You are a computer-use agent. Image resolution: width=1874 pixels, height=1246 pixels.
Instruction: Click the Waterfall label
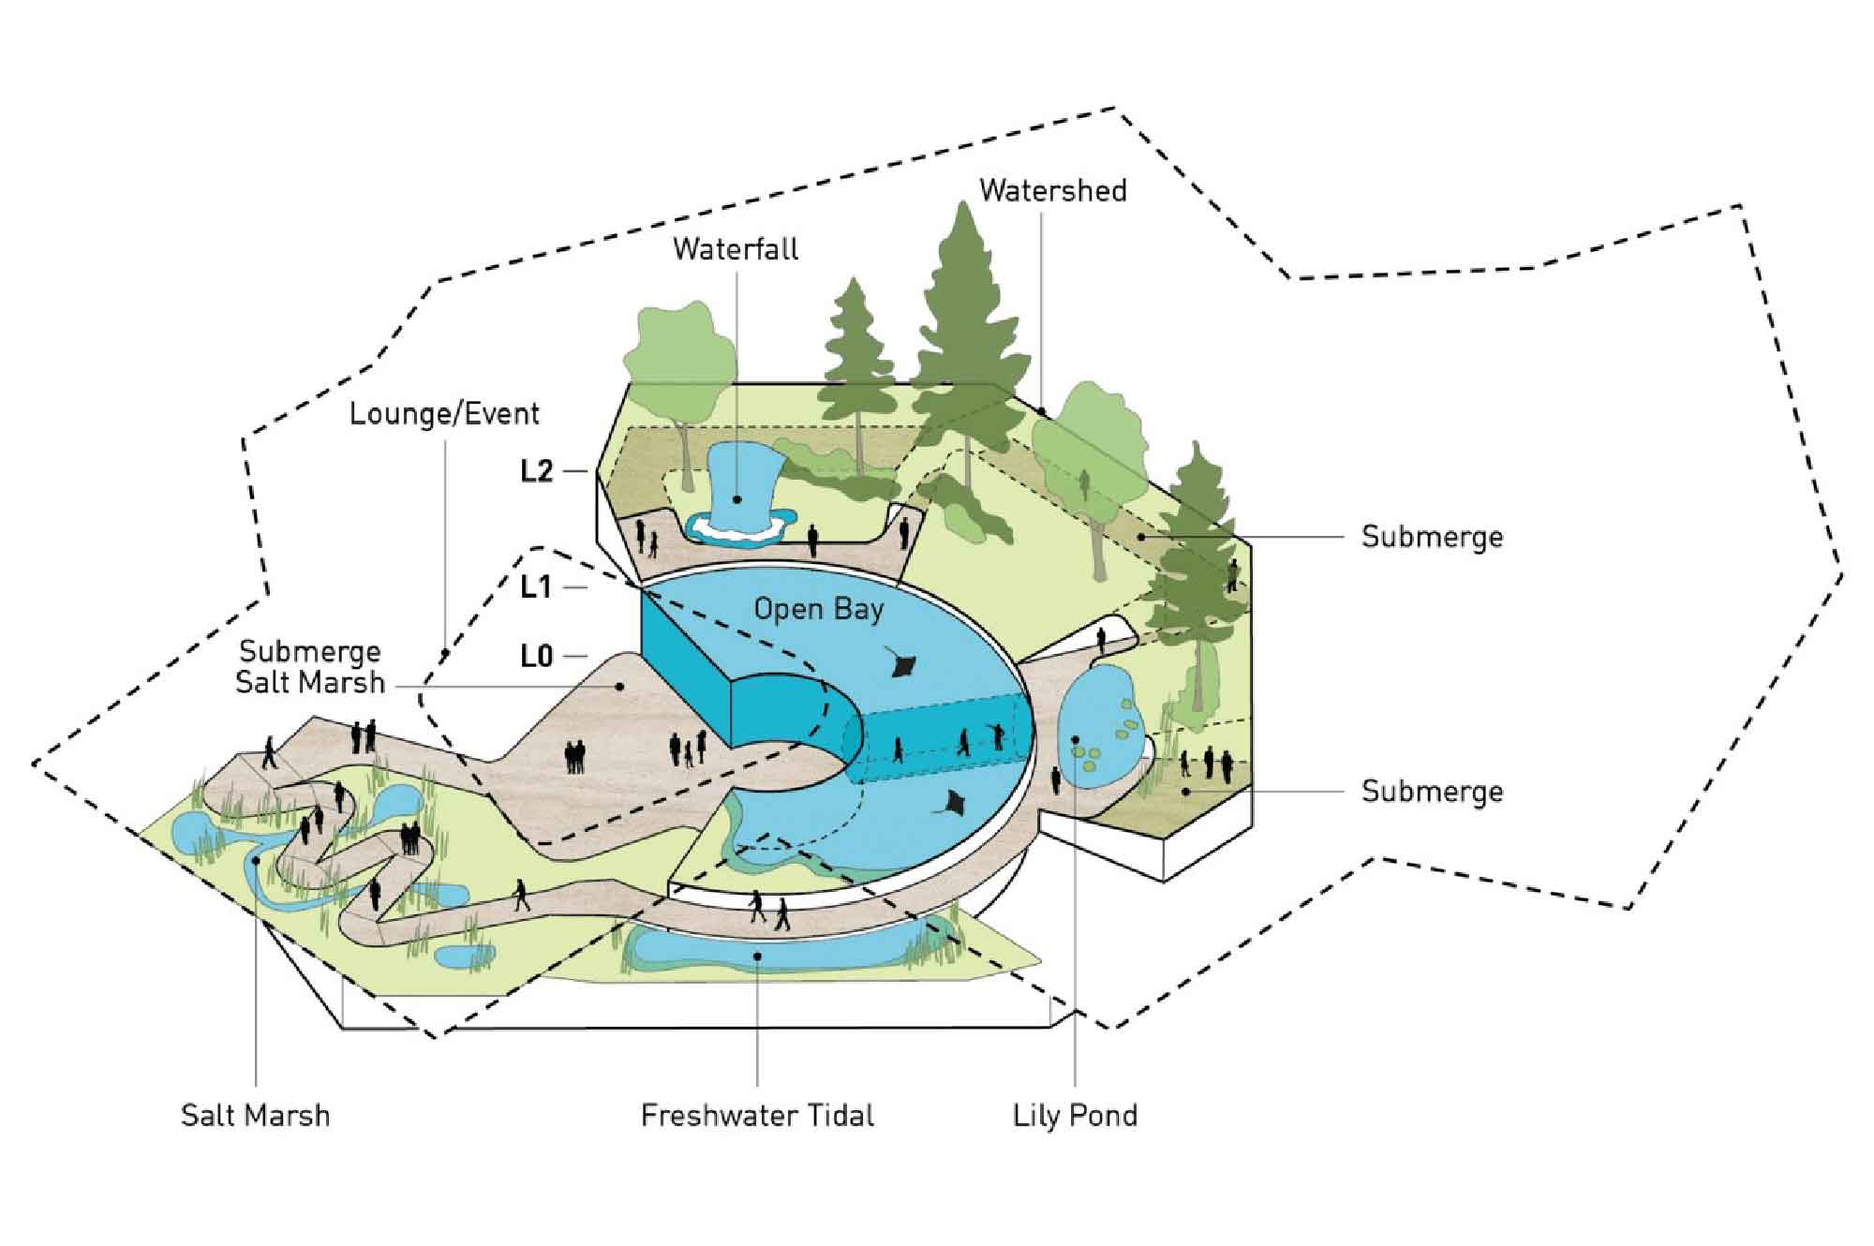(x=736, y=249)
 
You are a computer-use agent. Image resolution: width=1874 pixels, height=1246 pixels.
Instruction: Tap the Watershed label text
(x=1053, y=191)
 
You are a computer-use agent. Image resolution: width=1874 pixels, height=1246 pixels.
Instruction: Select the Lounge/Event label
(x=444, y=414)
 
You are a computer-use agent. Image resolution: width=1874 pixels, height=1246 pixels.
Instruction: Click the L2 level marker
(x=537, y=471)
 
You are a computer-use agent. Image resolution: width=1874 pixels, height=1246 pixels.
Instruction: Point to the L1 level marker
(x=536, y=587)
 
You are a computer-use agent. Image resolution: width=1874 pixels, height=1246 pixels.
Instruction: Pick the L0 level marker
(x=537, y=657)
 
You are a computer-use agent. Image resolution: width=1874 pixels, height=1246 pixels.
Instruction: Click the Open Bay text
(x=819, y=610)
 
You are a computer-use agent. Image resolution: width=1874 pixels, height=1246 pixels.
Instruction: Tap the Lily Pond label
(x=1075, y=1116)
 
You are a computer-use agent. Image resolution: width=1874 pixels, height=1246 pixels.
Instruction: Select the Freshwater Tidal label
(x=757, y=1116)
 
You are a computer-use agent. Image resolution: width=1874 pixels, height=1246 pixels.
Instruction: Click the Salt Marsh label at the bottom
(x=255, y=1116)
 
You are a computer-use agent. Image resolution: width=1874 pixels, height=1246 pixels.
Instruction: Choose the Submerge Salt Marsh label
(x=309, y=666)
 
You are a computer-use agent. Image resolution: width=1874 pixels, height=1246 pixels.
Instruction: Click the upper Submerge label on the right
(x=1432, y=537)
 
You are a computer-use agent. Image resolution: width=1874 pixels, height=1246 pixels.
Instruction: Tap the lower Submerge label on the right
(x=1432, y=792)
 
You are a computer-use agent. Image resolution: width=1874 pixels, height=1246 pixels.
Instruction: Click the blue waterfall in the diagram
(x=736, y=487)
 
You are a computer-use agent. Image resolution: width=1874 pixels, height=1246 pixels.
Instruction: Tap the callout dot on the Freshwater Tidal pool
(x=757, y=957)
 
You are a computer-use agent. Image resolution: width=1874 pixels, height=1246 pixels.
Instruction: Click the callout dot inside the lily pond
(x=1075, y=740)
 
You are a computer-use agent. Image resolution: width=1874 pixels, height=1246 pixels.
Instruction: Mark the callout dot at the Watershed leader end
(x=1043, y=412)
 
